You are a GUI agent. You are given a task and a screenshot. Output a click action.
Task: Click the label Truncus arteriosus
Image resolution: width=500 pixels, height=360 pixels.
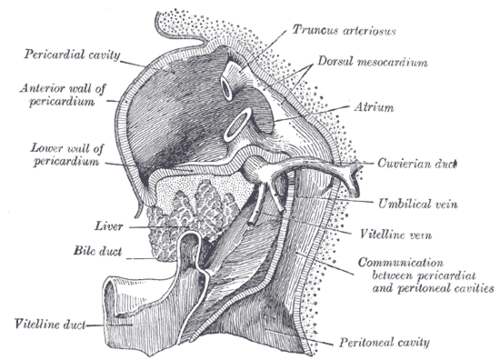pos(344,30)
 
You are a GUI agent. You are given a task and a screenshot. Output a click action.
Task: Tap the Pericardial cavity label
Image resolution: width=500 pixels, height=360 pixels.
pos(72,54)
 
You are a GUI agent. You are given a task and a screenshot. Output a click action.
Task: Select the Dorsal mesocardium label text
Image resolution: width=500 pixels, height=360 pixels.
pos(373,62)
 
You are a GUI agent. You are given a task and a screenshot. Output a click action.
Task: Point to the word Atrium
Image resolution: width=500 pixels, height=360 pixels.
pos(374,107)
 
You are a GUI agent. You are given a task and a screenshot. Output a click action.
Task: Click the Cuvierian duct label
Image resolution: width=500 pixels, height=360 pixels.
pos(417,163)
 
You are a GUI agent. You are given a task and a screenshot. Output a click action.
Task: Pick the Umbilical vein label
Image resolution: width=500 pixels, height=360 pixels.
pos(418,203)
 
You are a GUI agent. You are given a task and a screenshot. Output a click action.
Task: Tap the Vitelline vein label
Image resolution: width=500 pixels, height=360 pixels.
pos(396,234)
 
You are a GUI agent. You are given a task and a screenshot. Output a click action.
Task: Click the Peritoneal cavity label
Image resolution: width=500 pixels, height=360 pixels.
pos(384,342)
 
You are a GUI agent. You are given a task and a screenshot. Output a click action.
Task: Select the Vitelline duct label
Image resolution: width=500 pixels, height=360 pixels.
pos(50,324)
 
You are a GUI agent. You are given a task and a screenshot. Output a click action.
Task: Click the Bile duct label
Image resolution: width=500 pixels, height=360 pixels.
pos(98,251)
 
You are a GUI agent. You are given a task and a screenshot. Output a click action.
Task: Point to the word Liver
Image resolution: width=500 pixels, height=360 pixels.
pos(109,226)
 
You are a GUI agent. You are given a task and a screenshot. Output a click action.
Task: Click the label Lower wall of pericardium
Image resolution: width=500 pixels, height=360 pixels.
pos(67,155)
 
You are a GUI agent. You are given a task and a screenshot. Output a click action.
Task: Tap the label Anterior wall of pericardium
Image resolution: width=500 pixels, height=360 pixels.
pos(63,95)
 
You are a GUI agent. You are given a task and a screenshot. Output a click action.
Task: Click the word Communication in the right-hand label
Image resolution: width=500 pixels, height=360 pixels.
pos(401,262)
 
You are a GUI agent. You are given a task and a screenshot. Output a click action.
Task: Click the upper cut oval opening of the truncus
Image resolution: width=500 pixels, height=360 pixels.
pos(227,89)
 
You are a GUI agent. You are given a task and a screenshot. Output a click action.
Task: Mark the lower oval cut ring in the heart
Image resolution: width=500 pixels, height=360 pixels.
pos(238,124)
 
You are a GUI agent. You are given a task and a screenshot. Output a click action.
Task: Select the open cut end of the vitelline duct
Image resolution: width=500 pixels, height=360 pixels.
pos(112,297)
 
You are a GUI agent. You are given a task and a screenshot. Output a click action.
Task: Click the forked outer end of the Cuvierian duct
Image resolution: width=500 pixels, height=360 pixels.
pos(352,173)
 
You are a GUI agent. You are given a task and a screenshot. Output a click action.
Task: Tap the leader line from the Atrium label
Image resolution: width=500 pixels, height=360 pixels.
pos(311,114)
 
